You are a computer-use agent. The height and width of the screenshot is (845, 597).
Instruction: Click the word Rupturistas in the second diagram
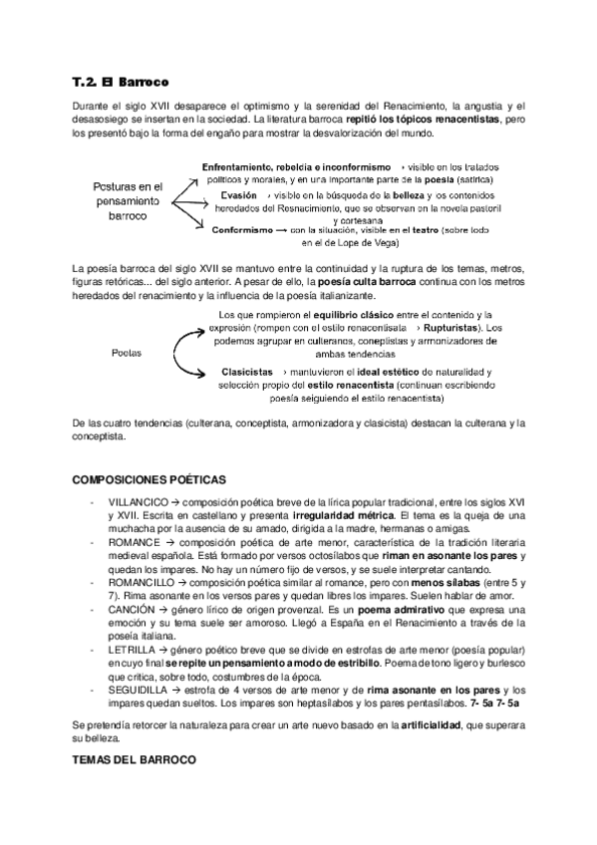point(452,327)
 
